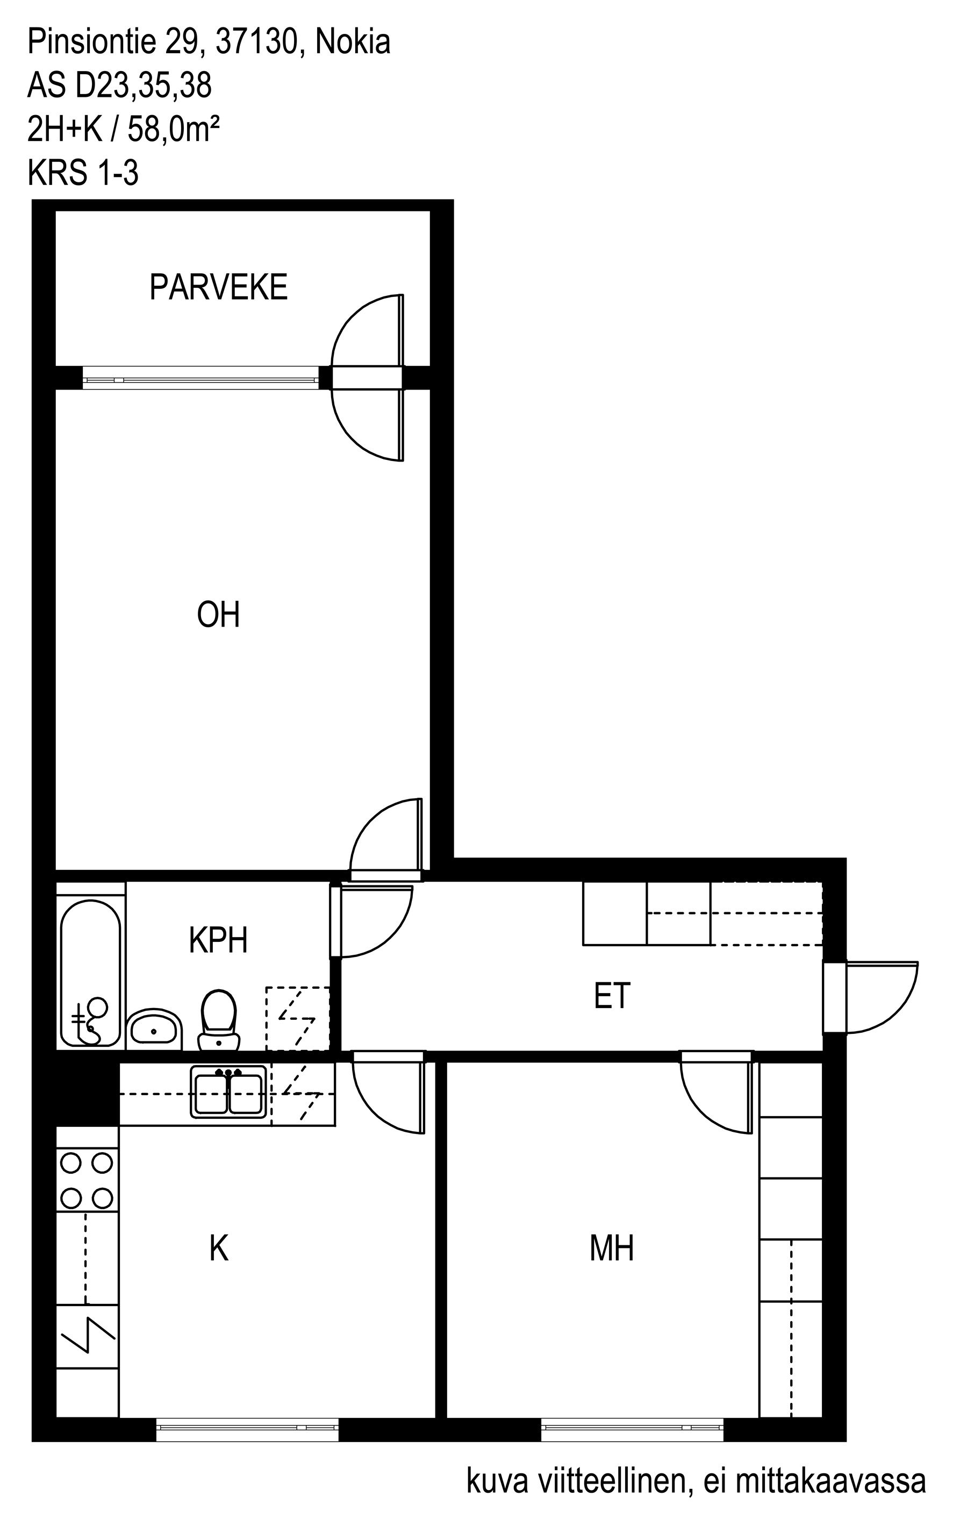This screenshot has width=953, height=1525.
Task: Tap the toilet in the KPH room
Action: click(218, 1020)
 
